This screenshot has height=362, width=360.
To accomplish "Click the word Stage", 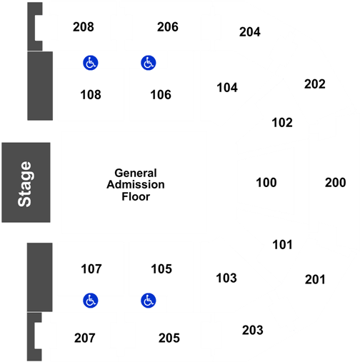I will [26, 183].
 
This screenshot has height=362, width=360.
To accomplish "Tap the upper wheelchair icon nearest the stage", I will [91, 63].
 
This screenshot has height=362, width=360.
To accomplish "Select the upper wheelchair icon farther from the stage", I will [149, 63].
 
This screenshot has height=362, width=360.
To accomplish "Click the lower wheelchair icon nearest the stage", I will [91, 301].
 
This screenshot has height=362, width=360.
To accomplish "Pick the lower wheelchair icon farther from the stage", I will [149, 301].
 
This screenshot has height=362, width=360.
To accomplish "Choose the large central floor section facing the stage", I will [134, 182].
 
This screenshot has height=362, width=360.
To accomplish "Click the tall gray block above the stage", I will [39, 86].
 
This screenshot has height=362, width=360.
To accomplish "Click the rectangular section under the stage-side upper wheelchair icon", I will [91, 94].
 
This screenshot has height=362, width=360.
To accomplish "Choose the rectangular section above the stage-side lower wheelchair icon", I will [91, 268].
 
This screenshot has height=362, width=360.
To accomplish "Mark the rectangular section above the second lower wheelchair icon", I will [160, 269].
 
